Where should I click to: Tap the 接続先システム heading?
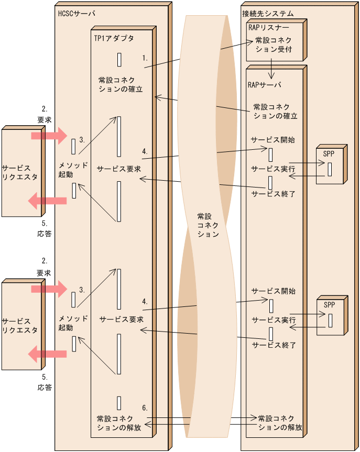click(268, 13)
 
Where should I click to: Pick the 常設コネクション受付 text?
click(273, 45)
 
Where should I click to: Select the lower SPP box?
click(330, 316)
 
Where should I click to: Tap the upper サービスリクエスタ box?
click(21, 172)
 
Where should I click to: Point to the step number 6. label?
click(145, 407)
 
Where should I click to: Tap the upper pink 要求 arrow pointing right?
click(49, 136)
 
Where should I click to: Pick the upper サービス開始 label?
click(272, 140)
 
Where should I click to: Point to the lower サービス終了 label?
click(274, 345)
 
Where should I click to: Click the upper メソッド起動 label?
click(73, 169)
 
